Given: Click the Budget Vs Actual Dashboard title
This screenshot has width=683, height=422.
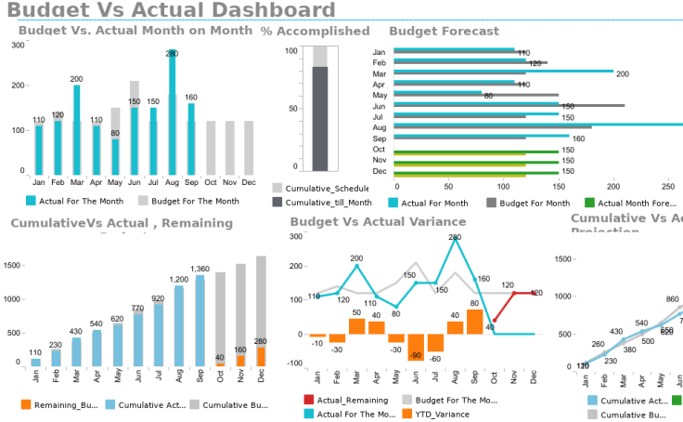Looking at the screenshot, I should [171, 11].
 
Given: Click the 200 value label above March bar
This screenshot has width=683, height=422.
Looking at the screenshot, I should [76, 79].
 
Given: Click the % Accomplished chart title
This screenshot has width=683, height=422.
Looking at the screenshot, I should [315, 31].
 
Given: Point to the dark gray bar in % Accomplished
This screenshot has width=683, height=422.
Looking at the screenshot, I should [320, 119].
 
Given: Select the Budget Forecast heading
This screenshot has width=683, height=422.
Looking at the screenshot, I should [444, 31].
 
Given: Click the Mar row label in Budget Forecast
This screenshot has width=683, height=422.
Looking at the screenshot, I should [379, 73].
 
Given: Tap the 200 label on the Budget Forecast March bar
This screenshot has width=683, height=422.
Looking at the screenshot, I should [623, 74].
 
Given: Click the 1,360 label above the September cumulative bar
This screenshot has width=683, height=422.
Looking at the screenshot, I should [200, 270].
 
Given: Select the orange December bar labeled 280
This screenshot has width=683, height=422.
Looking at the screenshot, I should [261, 356].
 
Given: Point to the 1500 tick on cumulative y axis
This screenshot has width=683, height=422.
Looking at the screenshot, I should [12, 266].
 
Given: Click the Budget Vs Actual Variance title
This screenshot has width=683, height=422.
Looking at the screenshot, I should [378, 221].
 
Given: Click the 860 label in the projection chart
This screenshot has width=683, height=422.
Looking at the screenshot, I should [672, 299].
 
